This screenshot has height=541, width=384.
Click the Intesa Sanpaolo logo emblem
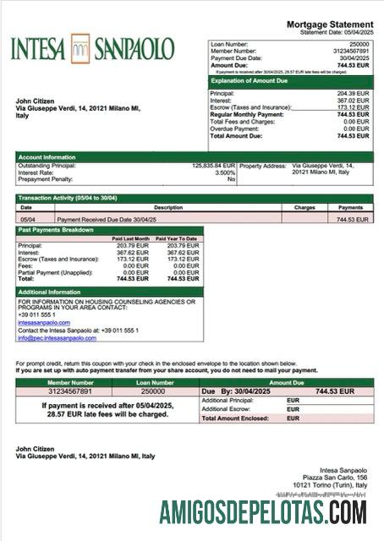[x=80, y=47]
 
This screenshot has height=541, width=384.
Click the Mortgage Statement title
[x=329, y=25]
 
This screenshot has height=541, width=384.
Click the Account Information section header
[x=47, y=157]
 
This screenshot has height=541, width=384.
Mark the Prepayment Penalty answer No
[x=231, y=180]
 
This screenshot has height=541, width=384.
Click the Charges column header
[x=304, y=207]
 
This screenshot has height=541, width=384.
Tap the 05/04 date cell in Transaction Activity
[x=26, y=219]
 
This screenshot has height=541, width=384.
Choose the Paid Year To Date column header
[x=180, y=238]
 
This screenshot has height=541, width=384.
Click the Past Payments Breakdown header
[x=56, y=230]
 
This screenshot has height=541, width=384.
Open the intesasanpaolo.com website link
[x=44, y=322]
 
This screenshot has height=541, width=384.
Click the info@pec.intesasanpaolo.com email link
[x=58, y=337]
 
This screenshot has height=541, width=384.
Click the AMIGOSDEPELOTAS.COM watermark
[x=263, y=512]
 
